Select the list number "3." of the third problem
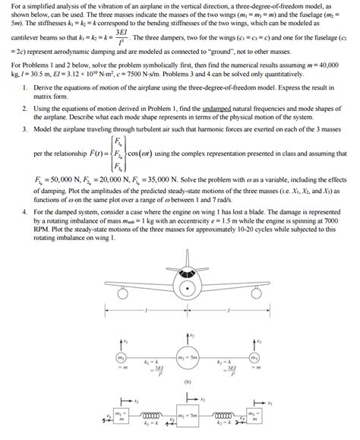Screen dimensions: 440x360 [26, 130]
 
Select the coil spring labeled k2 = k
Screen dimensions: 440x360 [226, 416]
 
